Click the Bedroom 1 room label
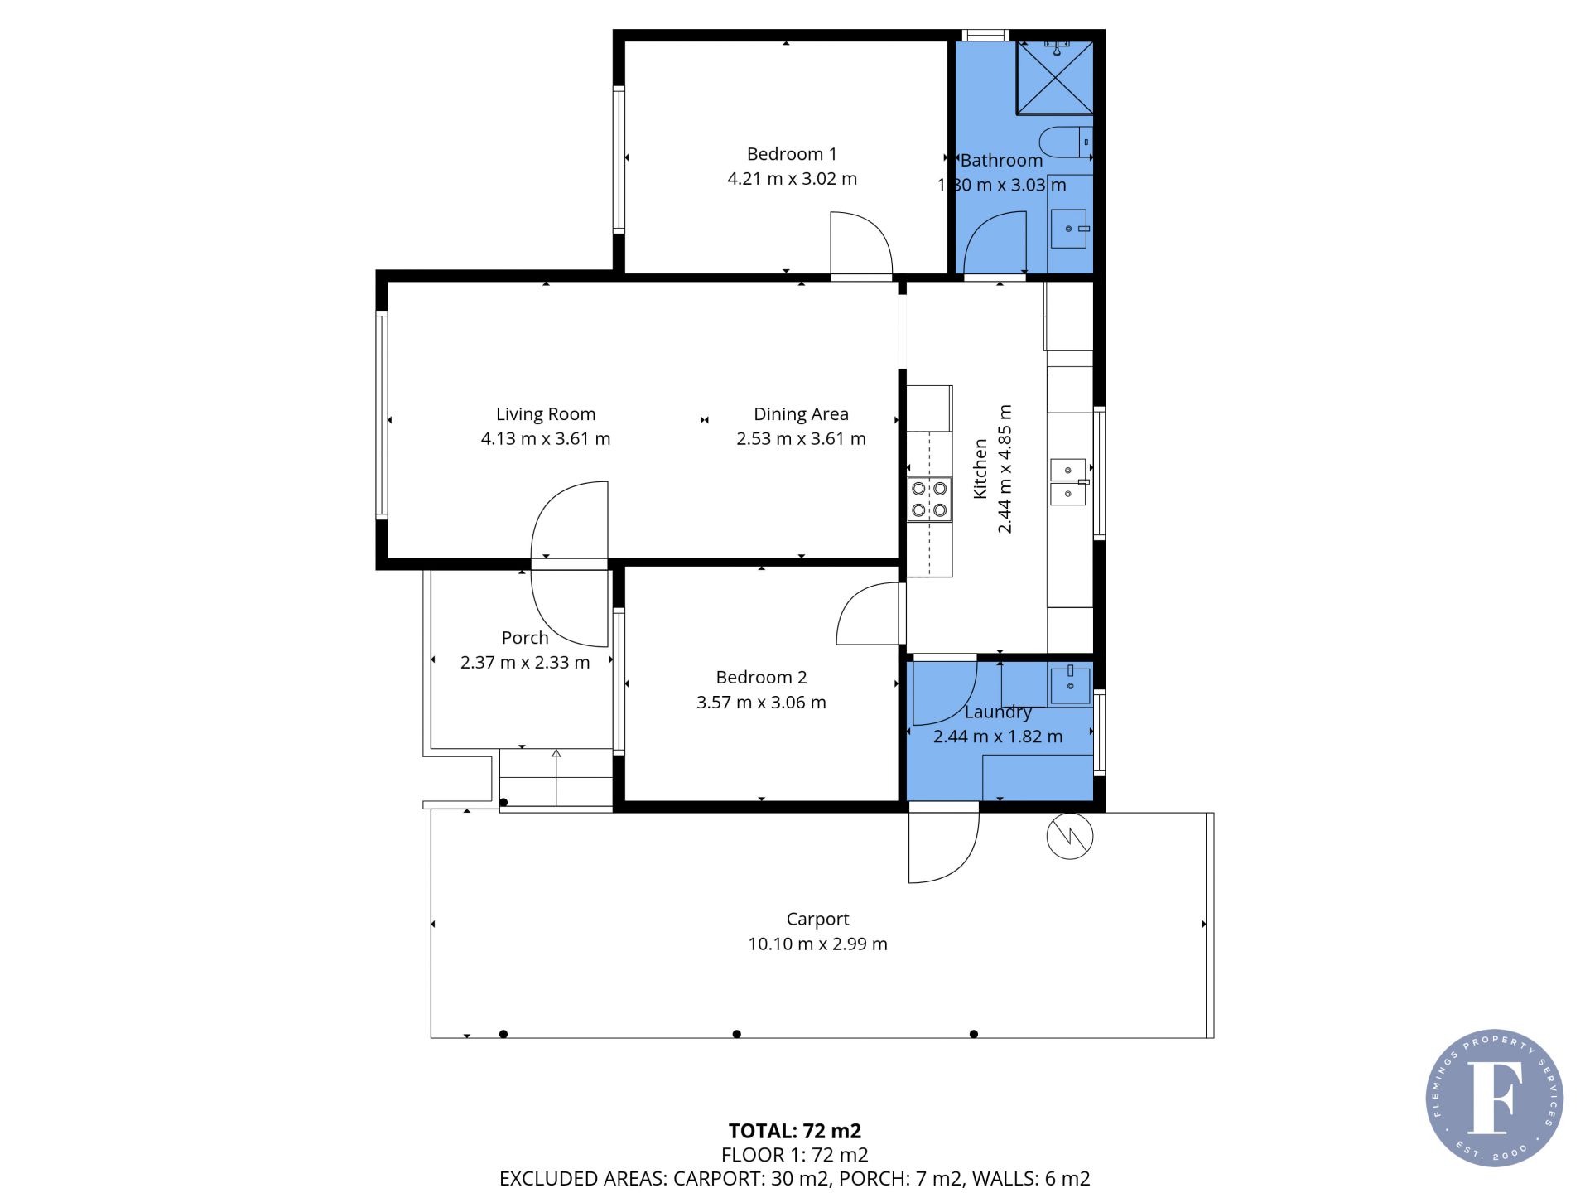[x=792, y=154]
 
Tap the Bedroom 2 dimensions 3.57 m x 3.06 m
[x=761, y=703]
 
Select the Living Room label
[x=546, y=414]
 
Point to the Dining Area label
[x=801, y=414]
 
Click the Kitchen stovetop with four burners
[x=929, y=500]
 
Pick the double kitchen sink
[x=1068, y=481]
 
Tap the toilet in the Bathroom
[x=1066, y=142]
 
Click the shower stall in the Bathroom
[x=1055, y=76]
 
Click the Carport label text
[x=817, y=920]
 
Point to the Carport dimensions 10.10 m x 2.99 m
[x=817, y=944]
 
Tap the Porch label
[x=525, y=638]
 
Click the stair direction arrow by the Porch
[x=556, y=777]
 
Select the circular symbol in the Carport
[x=1070, y=836]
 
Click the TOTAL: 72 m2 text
[x=795, y=1131]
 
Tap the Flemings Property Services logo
[x=1495, y=1098]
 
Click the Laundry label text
[x=998, y=712]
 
